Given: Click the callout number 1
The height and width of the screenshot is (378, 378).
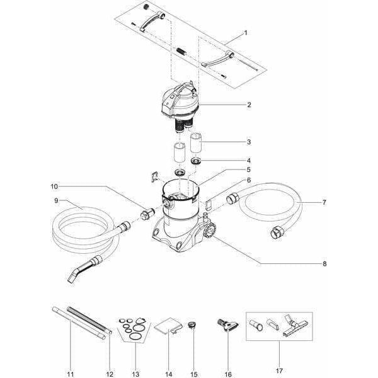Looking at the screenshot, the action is point(246,33).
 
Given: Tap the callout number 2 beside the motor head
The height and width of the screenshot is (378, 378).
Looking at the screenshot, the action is point(249,105).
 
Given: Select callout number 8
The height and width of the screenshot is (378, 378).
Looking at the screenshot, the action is point(324,264).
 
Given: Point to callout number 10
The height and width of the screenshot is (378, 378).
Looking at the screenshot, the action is point(54,186).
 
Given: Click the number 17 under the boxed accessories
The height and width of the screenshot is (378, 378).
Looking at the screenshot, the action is point(279,371).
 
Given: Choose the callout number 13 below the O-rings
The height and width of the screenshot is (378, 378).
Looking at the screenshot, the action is point(135,374).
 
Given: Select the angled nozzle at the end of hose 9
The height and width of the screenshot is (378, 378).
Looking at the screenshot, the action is point(84,269).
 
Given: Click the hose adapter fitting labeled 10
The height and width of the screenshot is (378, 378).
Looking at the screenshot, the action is point(147,213).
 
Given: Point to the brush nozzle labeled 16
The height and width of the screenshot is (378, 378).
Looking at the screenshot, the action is point(228,326).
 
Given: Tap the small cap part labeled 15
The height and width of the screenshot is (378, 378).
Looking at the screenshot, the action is point(192,324).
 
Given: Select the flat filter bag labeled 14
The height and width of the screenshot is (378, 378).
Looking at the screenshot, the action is point(168,326).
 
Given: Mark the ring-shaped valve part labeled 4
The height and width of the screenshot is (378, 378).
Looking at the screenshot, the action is point(196,161).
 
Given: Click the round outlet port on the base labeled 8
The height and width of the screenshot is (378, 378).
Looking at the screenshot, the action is point(210,231).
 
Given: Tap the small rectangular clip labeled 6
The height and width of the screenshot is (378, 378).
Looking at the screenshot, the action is point(208,204).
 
